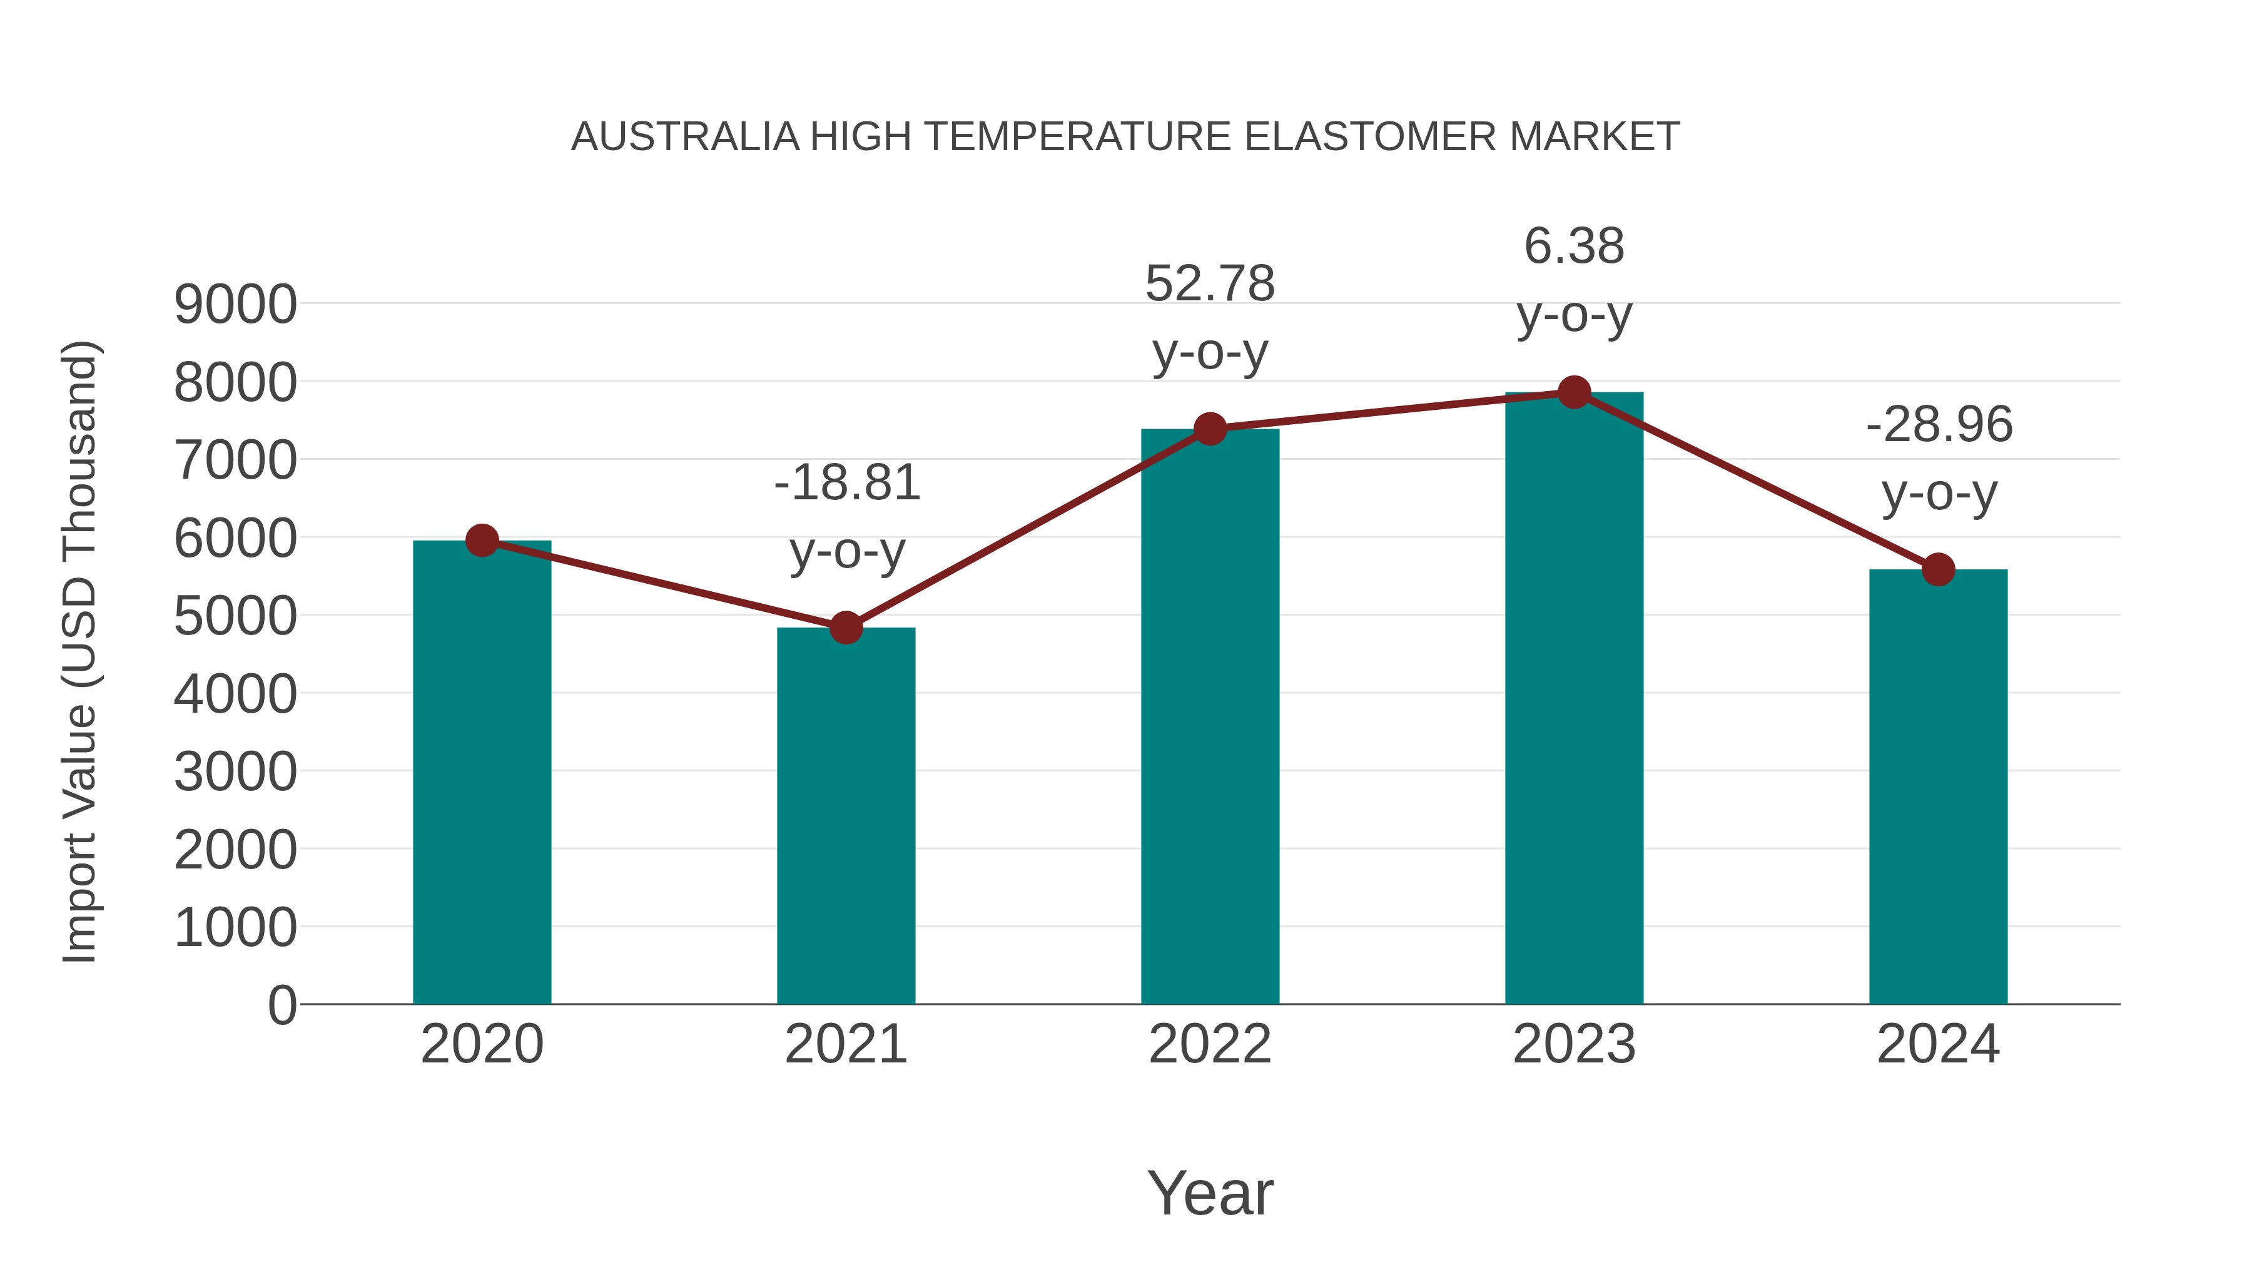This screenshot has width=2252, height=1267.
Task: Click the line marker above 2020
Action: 482,541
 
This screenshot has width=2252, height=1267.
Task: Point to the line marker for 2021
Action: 845,627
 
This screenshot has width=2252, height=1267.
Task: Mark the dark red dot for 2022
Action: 1210,429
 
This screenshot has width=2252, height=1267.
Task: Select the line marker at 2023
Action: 1574,392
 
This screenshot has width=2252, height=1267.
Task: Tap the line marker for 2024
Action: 1938,569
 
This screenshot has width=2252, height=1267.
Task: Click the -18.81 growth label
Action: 847,482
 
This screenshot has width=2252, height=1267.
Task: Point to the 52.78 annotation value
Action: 1210,284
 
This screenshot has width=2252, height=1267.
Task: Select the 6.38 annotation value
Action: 1574,247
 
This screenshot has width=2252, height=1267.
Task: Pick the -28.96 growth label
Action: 1939,425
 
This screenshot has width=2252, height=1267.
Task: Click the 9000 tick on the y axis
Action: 235,305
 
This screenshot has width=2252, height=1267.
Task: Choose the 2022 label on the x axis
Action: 1210,1044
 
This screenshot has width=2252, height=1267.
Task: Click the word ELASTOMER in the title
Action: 1370,137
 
